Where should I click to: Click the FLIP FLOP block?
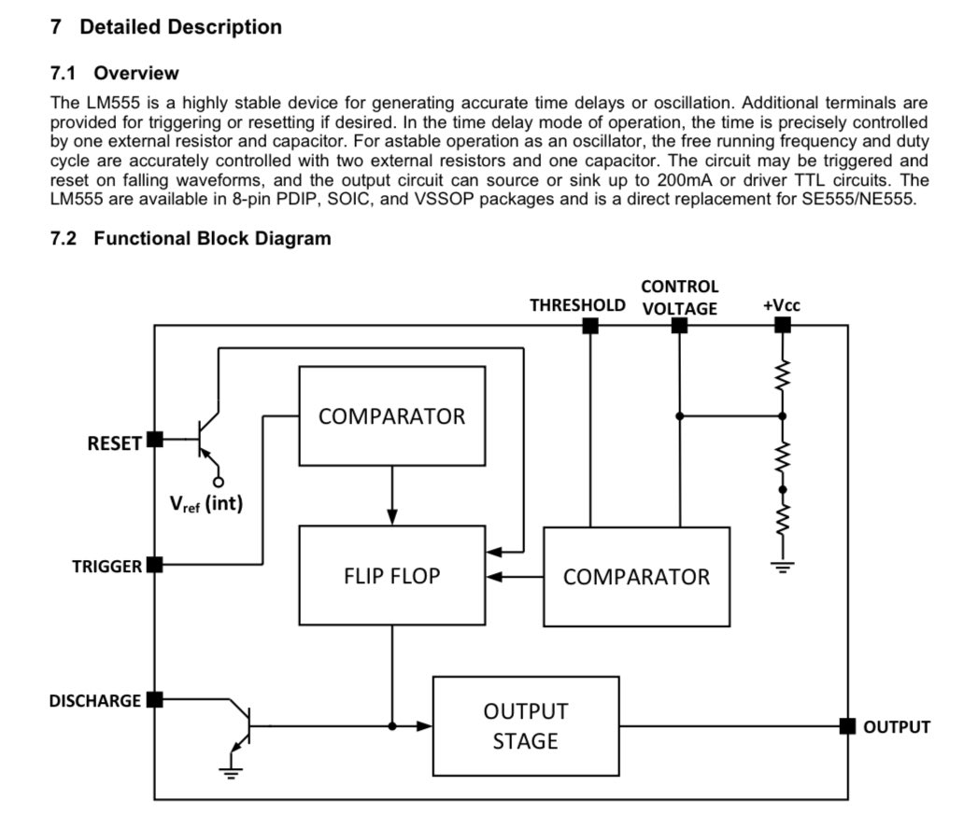[391, 575]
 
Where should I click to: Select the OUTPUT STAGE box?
[526, 726]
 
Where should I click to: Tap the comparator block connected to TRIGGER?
[391, 416]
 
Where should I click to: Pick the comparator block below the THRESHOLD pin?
[636, 577]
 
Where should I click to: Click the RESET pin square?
[155, 440]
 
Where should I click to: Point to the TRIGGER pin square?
[155, 564]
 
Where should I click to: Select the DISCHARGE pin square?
[155, 699]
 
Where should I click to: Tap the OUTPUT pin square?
[848, 726]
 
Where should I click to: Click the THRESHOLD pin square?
[590, 326]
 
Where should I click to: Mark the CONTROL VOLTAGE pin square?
[679, 326]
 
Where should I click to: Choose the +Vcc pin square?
[783, 326]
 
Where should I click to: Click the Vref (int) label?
[206, 504]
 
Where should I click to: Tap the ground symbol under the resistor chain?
[783, 567]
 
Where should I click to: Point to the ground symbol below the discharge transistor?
[231, 773]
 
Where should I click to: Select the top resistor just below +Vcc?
[783, 375]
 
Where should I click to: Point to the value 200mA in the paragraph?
[680, 180]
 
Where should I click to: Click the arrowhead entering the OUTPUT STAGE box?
[425, 726]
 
